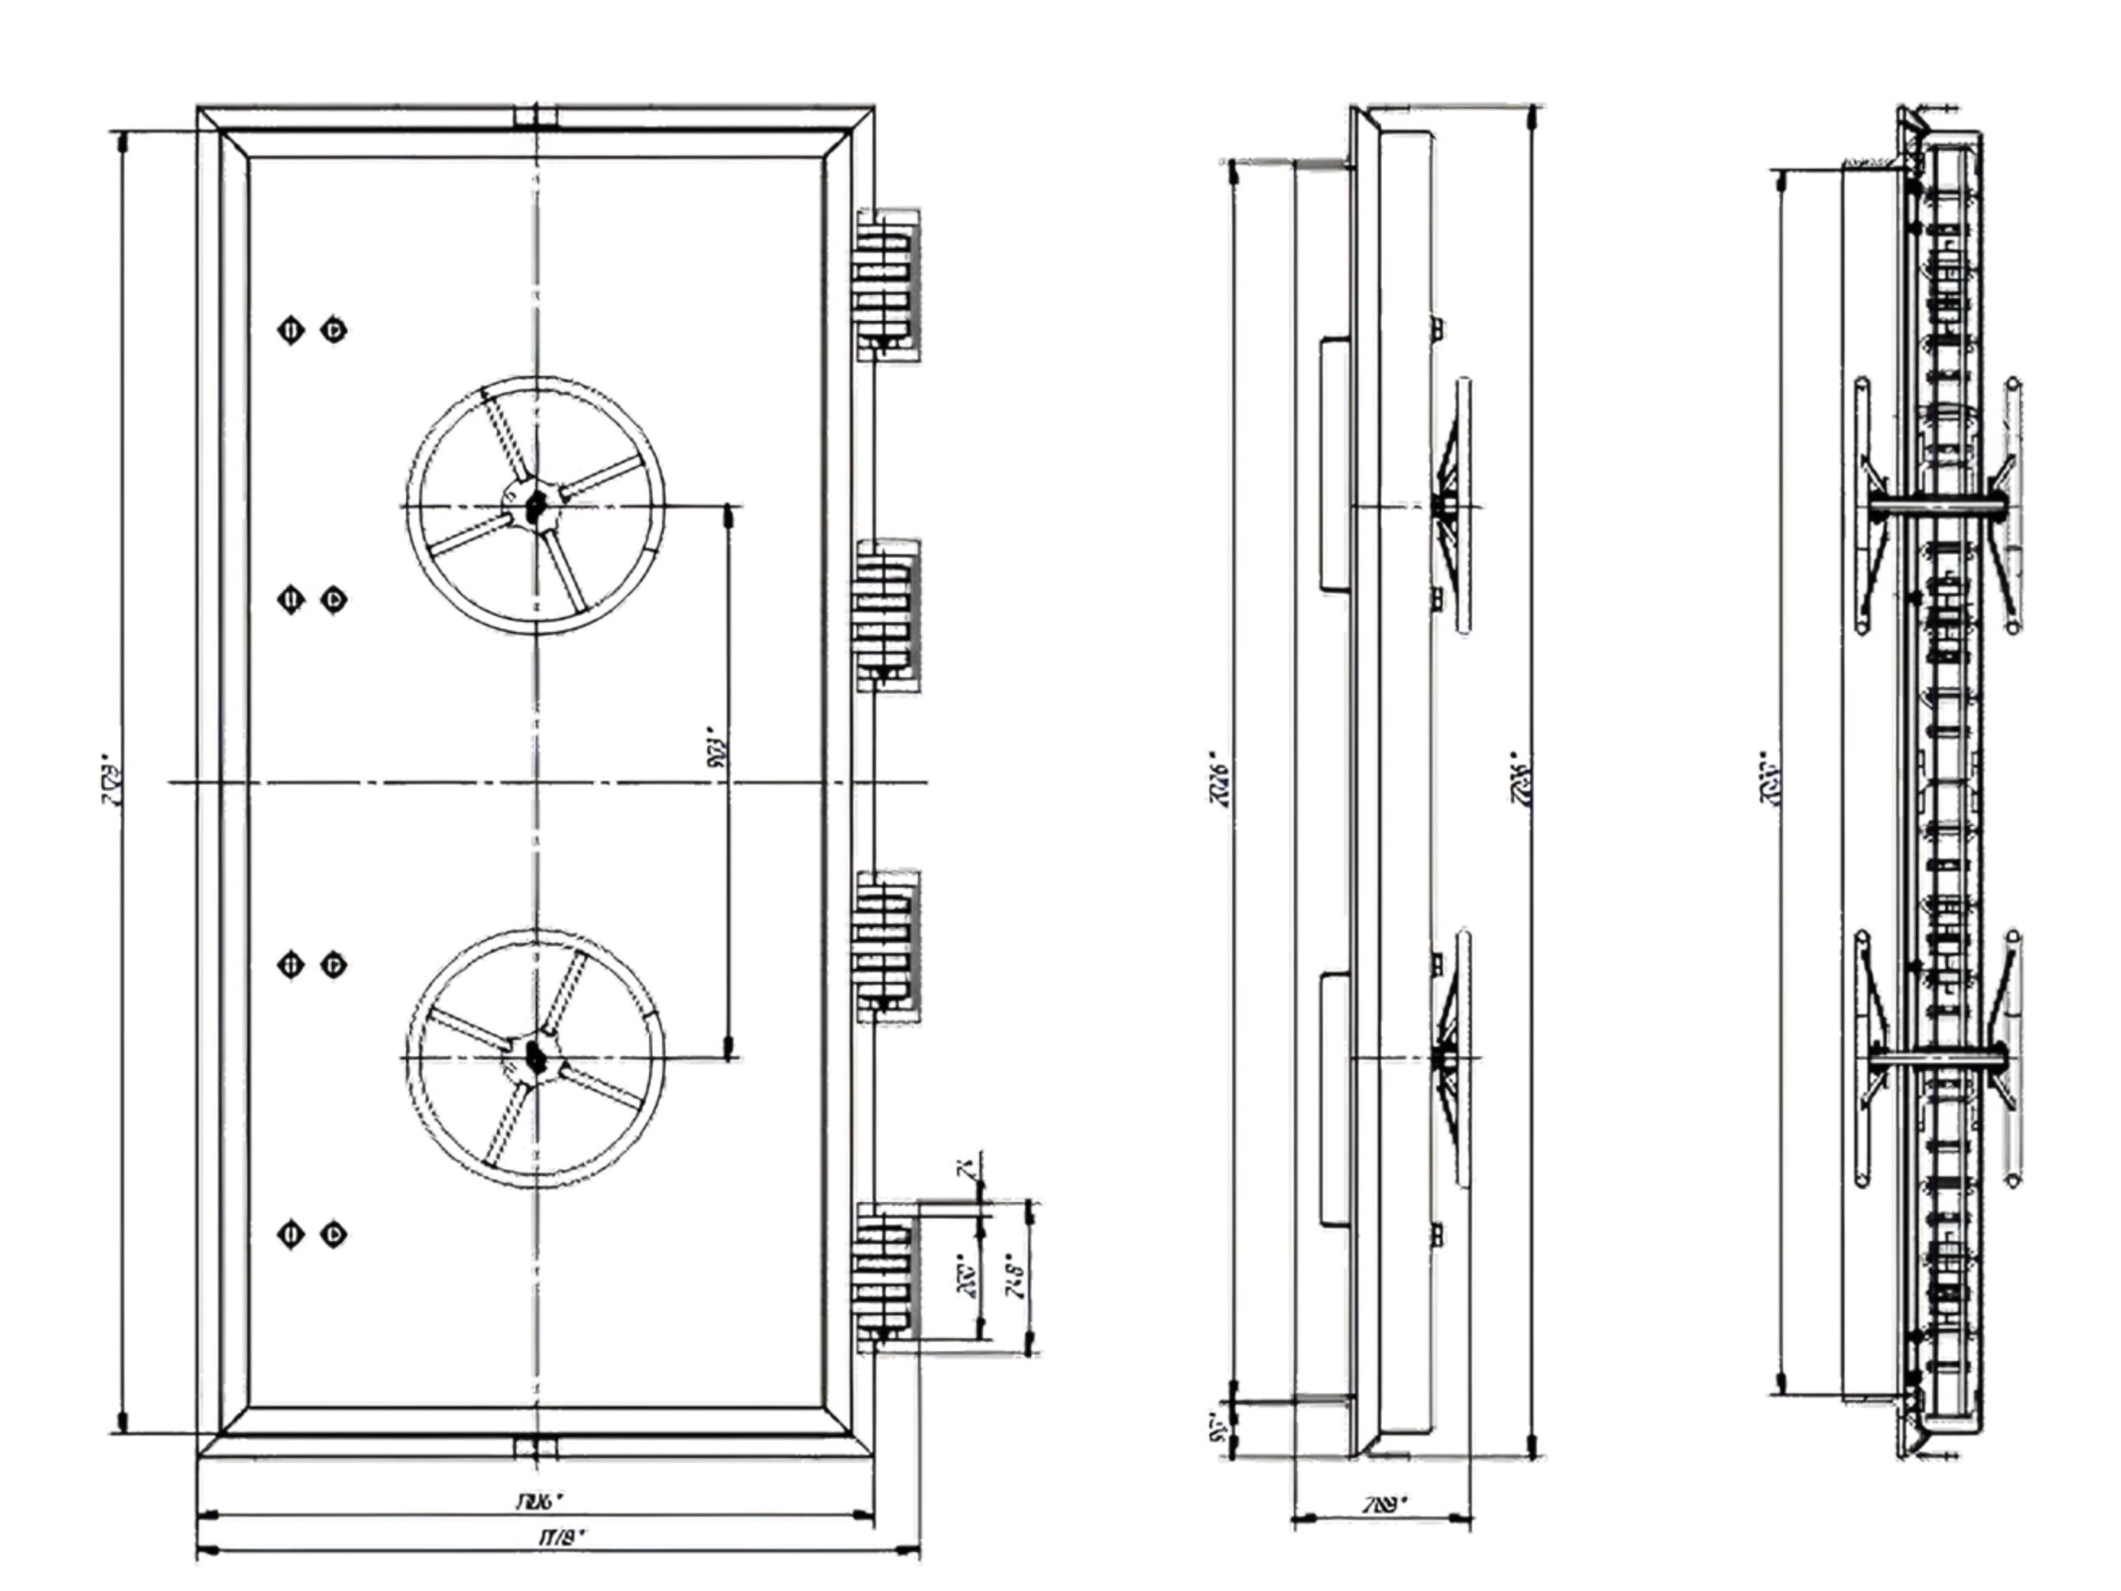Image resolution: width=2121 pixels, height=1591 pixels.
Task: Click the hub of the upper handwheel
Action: [535, 505]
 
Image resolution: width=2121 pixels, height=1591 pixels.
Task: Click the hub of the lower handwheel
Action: [535, 1058]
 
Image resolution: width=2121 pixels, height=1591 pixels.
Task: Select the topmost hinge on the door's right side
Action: [887, 285]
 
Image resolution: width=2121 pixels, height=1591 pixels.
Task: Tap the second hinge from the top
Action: [887, 616]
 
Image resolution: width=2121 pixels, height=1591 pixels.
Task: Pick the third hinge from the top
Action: [887, 946]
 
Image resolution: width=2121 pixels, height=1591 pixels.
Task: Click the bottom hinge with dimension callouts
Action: [887, 1278]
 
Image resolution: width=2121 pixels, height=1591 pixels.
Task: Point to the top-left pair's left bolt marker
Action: [291, 331]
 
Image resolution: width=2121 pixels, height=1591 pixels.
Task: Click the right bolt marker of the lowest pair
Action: [333, 1234]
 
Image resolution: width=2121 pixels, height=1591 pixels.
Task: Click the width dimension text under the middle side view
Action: [1384, 1504]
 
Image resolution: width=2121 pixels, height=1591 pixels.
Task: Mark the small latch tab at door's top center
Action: [535, 117]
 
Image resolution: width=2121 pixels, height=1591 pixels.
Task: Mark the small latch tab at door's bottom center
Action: [535, 1447]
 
